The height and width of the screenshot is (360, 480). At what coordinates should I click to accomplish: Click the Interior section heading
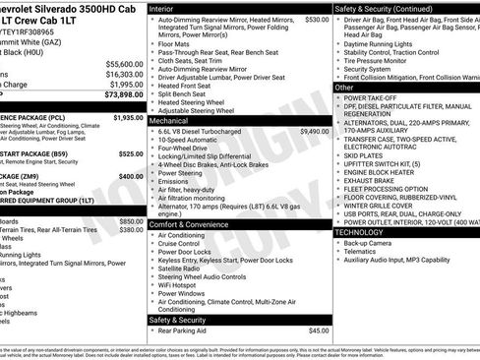(161, 7)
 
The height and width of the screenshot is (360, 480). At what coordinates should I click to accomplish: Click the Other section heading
(344, 88)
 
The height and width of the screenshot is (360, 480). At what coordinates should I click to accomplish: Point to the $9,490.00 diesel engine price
(314, 130)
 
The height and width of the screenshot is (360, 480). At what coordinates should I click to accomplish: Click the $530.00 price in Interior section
(317, 19)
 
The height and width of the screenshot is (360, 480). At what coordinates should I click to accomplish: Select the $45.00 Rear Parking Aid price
(319, 330)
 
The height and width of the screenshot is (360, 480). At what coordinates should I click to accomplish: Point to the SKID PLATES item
(364, 155)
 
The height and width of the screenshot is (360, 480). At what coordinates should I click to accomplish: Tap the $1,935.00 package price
(129, 117)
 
